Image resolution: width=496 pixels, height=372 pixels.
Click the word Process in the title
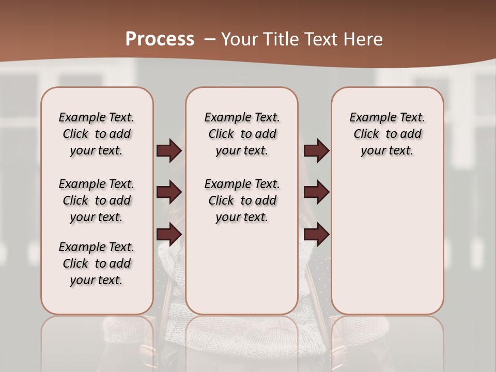coord(160,39)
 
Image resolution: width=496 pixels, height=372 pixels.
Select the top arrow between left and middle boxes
coord(169,151)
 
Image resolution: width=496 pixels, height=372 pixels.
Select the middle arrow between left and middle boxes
coord(169,192)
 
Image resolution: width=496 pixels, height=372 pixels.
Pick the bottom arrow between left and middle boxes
coord(169,234)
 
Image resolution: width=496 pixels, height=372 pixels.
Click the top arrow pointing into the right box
coord(316,151)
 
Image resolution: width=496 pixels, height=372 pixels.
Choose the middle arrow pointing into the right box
coord(316,192)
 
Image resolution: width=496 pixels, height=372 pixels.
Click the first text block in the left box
coord(97,134)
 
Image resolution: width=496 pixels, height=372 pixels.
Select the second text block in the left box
coord(97,200)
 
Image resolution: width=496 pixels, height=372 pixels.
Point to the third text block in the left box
coord(97,263)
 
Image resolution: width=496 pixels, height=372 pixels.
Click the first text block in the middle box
coord(242,134)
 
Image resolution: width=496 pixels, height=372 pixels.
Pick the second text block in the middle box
coord(242,200)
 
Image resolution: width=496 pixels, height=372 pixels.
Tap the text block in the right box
coord(388,134)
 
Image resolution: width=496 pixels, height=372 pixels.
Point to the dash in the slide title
coord(210,39)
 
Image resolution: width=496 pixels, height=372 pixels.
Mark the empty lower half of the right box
coord(388,248)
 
